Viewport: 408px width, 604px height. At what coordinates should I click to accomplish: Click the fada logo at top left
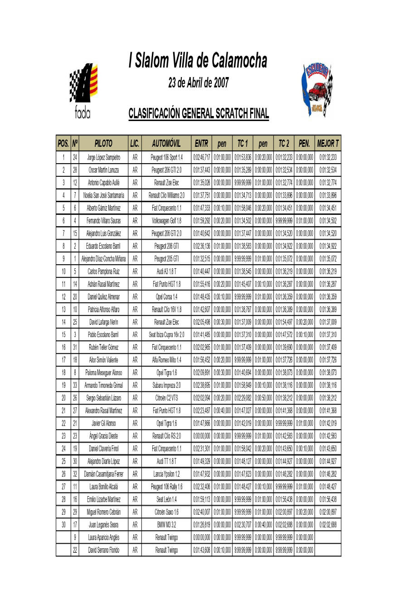(83, 91)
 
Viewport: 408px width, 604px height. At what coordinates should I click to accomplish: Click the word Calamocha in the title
(239, 61)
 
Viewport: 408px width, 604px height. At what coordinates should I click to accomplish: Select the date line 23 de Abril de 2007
(199, 83)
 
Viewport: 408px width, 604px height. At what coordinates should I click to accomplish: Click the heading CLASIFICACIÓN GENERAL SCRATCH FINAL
(199, 113)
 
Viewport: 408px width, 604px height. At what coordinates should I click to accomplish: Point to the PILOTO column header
(103, 144)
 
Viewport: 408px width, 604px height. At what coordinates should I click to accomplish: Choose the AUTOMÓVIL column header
(166, 144)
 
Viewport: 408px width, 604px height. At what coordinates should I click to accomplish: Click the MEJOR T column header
(328, 144)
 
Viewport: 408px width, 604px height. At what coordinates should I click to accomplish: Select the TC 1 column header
(243, 144)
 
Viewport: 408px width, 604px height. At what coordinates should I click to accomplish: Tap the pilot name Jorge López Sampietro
(104, 158)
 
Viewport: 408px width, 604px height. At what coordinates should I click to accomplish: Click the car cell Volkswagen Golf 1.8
(167, 221)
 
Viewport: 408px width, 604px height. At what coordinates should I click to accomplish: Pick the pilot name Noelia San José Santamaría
(104, 196)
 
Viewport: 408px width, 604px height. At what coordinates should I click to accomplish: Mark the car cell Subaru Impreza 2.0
(167, 386)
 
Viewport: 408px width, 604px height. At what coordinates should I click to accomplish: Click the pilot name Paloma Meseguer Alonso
(104, 373)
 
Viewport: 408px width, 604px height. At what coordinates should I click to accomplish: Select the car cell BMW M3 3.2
(167, 525)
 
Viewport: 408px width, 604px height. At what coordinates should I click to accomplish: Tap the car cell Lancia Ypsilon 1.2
(167, 474)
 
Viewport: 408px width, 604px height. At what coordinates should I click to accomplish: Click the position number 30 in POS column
(63, 525)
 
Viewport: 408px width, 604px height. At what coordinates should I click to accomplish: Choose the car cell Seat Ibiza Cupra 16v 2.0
(167, 335)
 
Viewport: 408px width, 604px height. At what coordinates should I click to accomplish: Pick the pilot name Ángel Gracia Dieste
(104, 436)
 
